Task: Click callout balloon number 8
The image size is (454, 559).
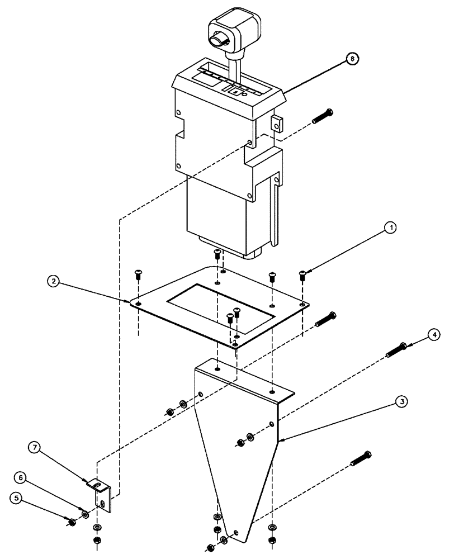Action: [x=353, y=59]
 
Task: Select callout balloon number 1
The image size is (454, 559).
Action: [x=391, y=228]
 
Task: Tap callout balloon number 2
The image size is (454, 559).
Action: [x=54, y=282]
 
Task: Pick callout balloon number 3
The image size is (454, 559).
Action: [x=400, y=401]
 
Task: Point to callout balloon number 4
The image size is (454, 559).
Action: [x=434, y=335]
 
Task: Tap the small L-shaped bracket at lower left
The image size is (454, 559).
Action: [x=103, y=494]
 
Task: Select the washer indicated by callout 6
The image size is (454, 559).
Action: [x=86, y=513]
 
